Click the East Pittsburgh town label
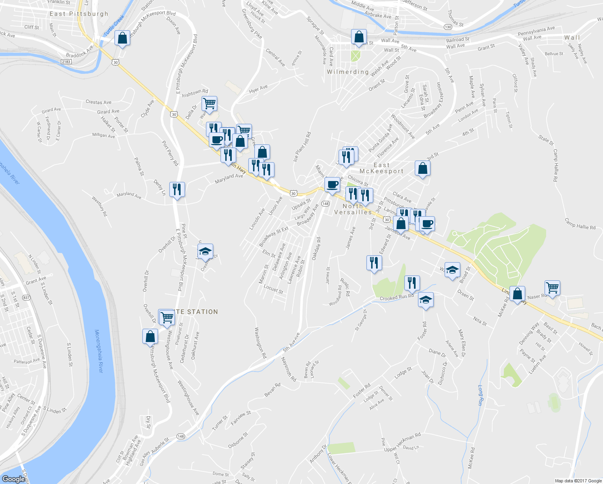79,14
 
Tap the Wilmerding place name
347,72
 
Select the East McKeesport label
381,168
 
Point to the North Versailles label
353,209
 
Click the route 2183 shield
66,62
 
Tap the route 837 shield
27,298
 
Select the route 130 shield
448,27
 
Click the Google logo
13,479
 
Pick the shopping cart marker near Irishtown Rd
209,104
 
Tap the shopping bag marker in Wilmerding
358,37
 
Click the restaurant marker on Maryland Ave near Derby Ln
177,189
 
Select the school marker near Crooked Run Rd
426,300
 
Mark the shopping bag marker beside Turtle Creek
122,38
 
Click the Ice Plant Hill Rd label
302,147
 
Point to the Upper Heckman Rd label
402,442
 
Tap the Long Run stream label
480,395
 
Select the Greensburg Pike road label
252,24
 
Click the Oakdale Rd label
316,248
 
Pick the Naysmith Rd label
289,369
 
